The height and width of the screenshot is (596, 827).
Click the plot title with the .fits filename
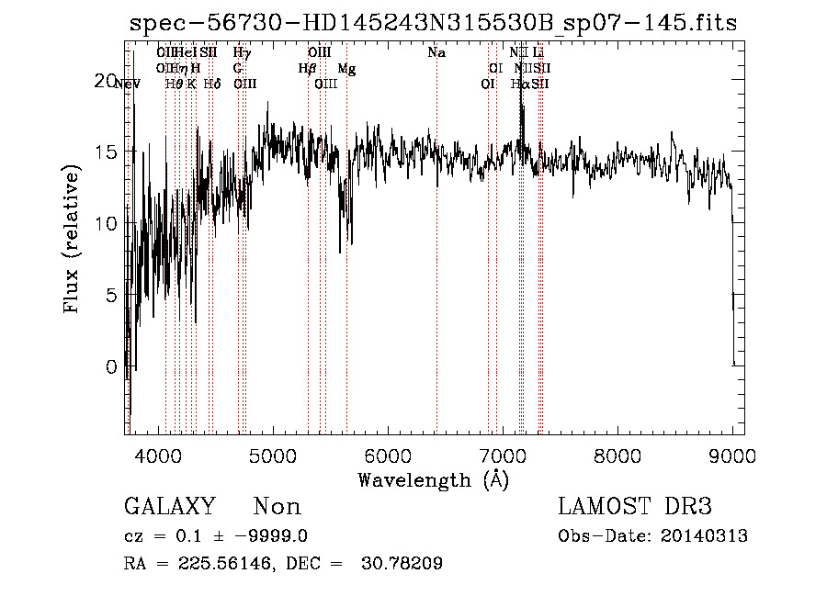click(433, 23)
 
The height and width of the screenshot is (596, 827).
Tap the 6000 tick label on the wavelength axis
click(388, 455)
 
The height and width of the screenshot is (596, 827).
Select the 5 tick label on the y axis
click(110, 296)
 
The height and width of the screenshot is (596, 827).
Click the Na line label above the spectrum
click(436, 53)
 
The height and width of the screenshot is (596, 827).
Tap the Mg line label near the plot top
click(347, 69)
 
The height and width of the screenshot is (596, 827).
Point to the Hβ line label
click(308, 69)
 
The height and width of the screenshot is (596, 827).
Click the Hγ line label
click(242, 53)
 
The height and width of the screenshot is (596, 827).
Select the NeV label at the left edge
click(128, 84)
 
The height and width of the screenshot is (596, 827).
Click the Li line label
click(538, 53)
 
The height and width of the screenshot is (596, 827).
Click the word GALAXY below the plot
click(169, 507)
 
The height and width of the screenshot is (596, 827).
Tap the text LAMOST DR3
click(635, 507)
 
